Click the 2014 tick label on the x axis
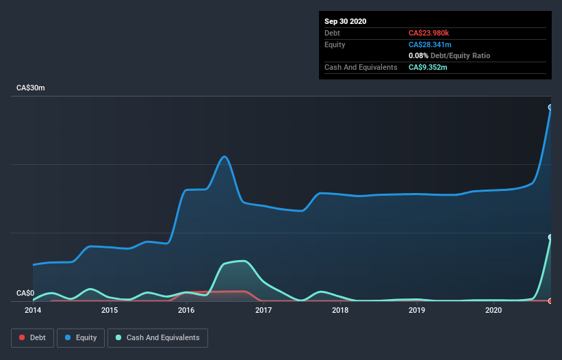tap(32, 311)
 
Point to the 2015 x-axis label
tap(110, 311)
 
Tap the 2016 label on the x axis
tap(186, 311)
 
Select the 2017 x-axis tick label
tap(264, 311)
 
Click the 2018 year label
tap(340, 311)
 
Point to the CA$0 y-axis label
tap(25, 294)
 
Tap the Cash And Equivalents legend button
tap(157, 337)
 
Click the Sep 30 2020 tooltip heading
tap(345, 21)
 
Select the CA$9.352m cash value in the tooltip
tap(428, 67)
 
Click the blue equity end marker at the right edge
tap(550, 107)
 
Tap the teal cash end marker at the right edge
tap(550, 237)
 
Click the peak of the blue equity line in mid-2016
tap(225, 156)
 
